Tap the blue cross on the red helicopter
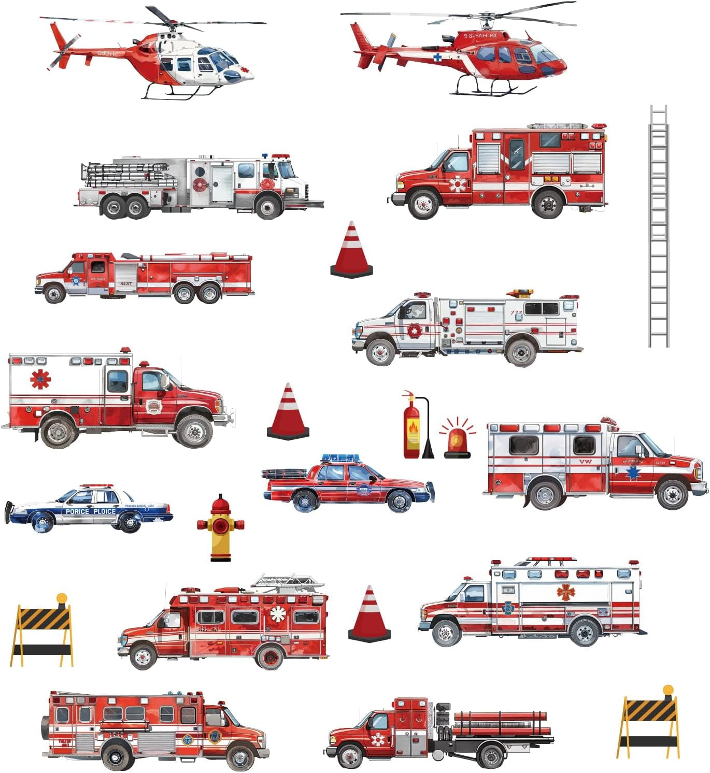point(438,58)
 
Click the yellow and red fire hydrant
point(220,528)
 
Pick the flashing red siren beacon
point(457,443)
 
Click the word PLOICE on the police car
point(105,511)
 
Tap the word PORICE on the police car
point(77,511)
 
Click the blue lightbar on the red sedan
point(340,458)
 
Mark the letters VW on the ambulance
point(585,462)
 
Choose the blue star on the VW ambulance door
point(632,473)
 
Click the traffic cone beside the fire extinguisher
point(288,412)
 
